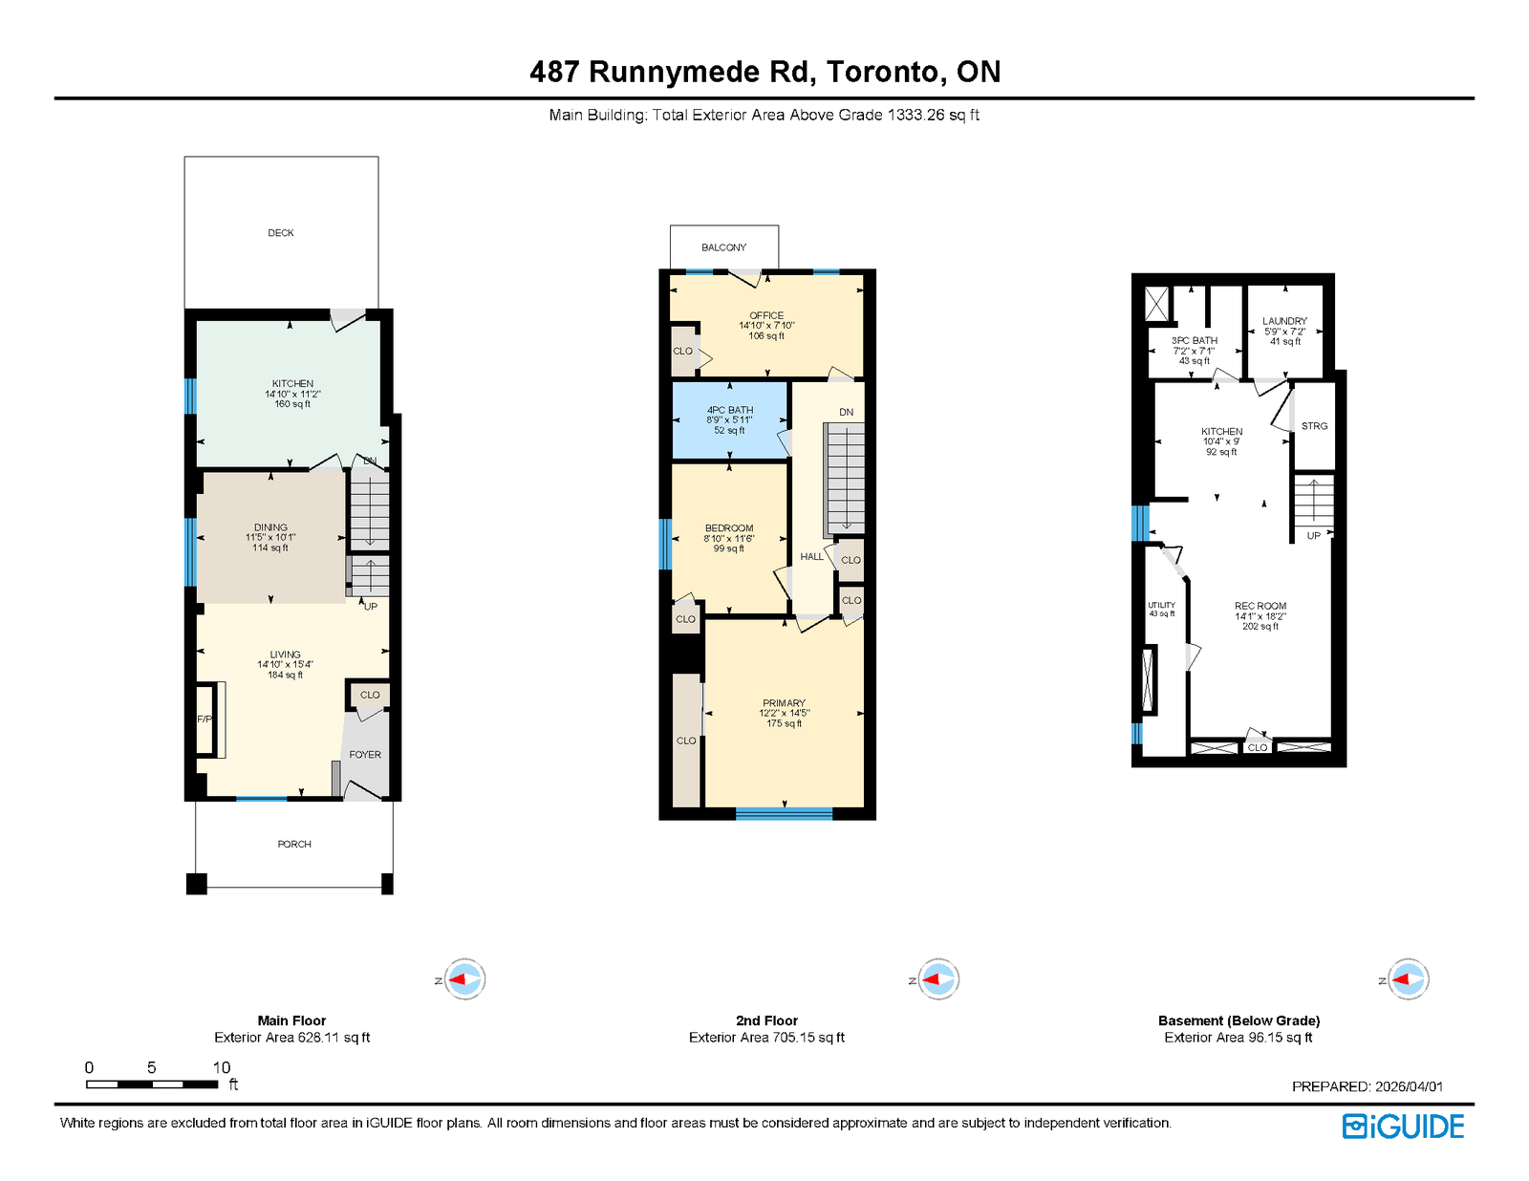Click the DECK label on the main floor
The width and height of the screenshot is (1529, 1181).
(x=280, y=233)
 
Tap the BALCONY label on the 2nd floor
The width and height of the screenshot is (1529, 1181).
(x=723, y=247)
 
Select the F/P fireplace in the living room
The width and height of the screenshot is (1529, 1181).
(x=205, y=719)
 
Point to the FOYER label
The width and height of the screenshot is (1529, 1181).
(x=364, y=755)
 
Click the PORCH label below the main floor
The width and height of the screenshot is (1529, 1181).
(x=294, y=844)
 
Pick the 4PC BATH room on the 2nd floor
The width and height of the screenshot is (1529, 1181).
(x=730, y=419)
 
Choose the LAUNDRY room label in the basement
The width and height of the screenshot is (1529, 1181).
(x=1284, y=321)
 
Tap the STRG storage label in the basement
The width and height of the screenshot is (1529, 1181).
(x=1314, y=426)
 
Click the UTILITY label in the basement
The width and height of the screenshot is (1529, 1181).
(x=1161, y=605)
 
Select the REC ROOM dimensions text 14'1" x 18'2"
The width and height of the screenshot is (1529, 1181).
(x=1260, y=616)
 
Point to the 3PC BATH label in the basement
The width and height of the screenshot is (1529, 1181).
(x=1195, y=340)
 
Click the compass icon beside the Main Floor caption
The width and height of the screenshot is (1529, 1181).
(x=464, y=979)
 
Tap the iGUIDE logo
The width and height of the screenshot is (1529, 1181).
(x=1403, y=1127)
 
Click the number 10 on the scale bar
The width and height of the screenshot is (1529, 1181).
(x=222, y=1067)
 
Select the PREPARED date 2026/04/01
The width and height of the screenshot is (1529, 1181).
(x=1409, y=1086)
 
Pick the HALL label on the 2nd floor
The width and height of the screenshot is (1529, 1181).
(x=811, y=556)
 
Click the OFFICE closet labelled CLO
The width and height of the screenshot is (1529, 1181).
(x=682, y=351)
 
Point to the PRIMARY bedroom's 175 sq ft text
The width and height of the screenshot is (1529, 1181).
(x=784, y=724)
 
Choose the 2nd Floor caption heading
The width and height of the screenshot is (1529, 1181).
(x=766, y=1020)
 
